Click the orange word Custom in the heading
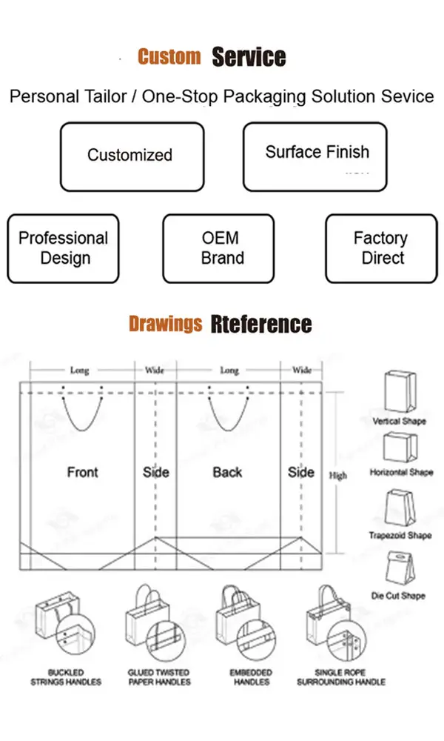click(169, 57)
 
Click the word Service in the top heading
click(249, 57)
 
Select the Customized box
click(131, 156)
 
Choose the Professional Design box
click(64, 248)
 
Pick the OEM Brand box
click(220, 248)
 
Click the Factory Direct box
click(381, 248)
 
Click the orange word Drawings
click(165, 324)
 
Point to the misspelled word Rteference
click(260, 324)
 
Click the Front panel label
click(82, 472)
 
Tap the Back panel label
click(227, 472)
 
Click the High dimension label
click(337, 476)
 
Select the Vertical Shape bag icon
click(398, 391)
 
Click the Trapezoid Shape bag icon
click(399, 508)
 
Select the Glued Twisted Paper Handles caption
click(159, 677)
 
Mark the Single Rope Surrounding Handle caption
click(341, 677)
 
